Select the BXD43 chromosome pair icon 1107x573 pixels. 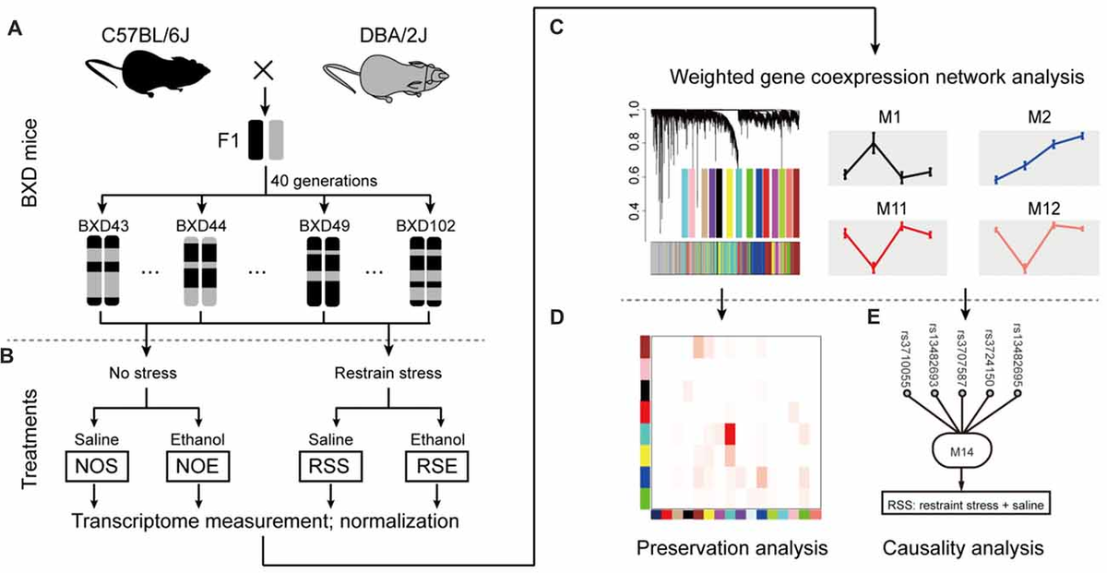pos(101,272)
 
